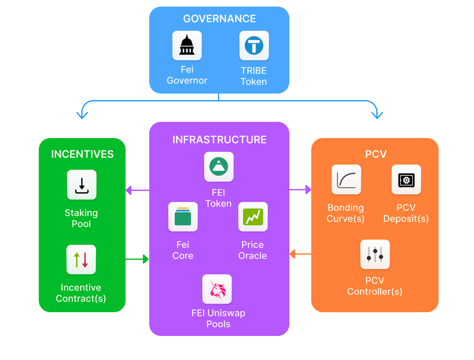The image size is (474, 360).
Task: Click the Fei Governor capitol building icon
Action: click(187, 46)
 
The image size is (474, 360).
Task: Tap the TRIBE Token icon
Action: click(254, 46)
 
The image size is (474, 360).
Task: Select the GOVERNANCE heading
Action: click(219, 19)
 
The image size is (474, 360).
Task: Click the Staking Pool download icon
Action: click(82, 185)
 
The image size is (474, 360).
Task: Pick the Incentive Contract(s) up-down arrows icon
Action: click(81, 260)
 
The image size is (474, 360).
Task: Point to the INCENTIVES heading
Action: click(82, 154)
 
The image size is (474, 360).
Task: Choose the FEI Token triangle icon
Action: click(219, 167)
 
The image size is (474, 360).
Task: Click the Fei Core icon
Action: click(183, 217)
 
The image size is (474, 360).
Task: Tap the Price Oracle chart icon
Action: click(253, 217)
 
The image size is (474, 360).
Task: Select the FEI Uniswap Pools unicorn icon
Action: click(217, 289)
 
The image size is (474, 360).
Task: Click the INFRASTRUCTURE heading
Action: click(219, 140)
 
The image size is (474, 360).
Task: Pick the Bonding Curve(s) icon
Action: click(346, 180)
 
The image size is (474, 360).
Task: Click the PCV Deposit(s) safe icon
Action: click(406, 180)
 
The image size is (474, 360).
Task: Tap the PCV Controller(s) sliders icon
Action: click(375, 254)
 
